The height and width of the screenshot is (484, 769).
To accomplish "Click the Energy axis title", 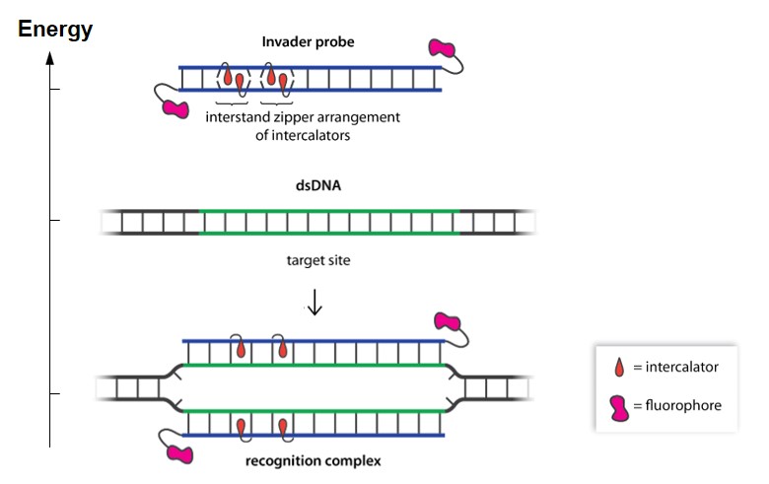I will pyautogui.click(x=55, y=30).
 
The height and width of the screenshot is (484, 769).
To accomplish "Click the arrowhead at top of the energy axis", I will pyautogui.click(x=49, y=58).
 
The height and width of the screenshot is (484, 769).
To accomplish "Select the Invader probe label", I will pyautogui.click(x=309, y=42).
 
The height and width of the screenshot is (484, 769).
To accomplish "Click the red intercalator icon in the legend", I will pyautogui.click(x=619, y=368).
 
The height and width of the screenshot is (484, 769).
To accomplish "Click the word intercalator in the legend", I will pyautogui.click(x=681, y=368).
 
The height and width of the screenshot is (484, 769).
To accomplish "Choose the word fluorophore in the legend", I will pyautogui.click(x=680, y=405).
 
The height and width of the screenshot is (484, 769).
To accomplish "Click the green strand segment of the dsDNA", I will pyautogui.click(x=329, y=211).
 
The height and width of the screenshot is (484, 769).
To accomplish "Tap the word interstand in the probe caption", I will pyautogui.click(x=239, y=117).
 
